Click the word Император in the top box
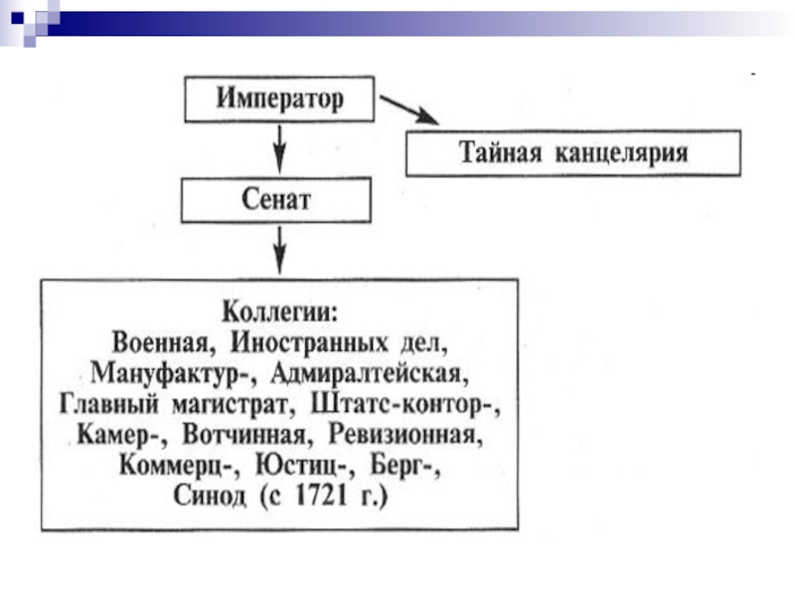point(279,99)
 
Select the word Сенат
point(276,199)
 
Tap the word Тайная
point(504,153)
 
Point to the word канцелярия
point(622,153)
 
